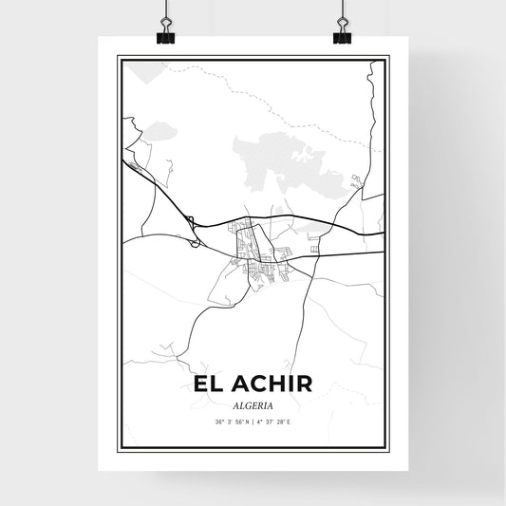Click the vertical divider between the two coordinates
click(x=253, y=422)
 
